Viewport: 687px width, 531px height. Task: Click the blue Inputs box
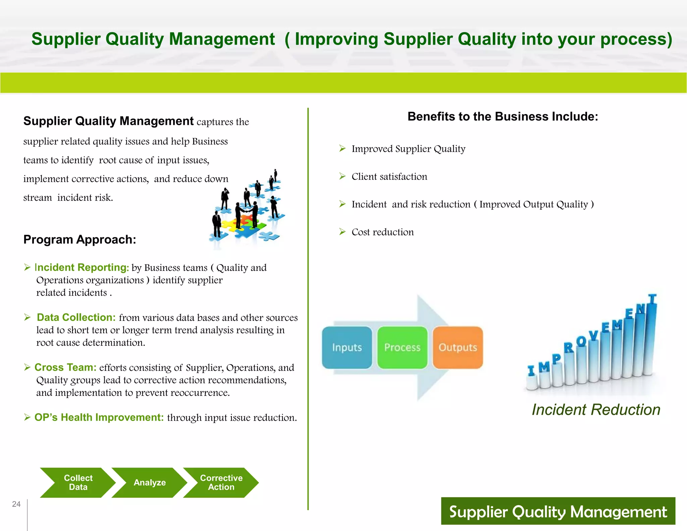click(347, 347)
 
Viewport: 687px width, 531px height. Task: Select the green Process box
click(402, 347)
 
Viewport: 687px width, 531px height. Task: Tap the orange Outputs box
click(458, 347)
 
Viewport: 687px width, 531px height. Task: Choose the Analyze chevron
click(150, 482)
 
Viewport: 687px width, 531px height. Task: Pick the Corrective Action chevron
click(221, 482)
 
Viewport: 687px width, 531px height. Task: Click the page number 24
click(16, 504)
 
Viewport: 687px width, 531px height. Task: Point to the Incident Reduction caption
click(596, 410)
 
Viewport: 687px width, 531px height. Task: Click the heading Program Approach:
click(80, 239)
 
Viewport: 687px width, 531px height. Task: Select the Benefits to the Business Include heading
click(503, 116)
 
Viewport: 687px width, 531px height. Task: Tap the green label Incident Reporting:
click(82, 267)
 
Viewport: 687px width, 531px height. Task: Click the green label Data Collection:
click(76, 317)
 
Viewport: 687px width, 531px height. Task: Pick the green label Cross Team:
click(65, 367)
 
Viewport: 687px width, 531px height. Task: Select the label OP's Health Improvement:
click(99, 417)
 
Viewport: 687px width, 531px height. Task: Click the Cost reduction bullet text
click(382, 232)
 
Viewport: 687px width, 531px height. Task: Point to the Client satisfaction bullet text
click(389, 177)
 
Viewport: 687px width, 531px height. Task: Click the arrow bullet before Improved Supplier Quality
click(342, 148)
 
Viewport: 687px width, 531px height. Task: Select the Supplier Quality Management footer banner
click(558, 511)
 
